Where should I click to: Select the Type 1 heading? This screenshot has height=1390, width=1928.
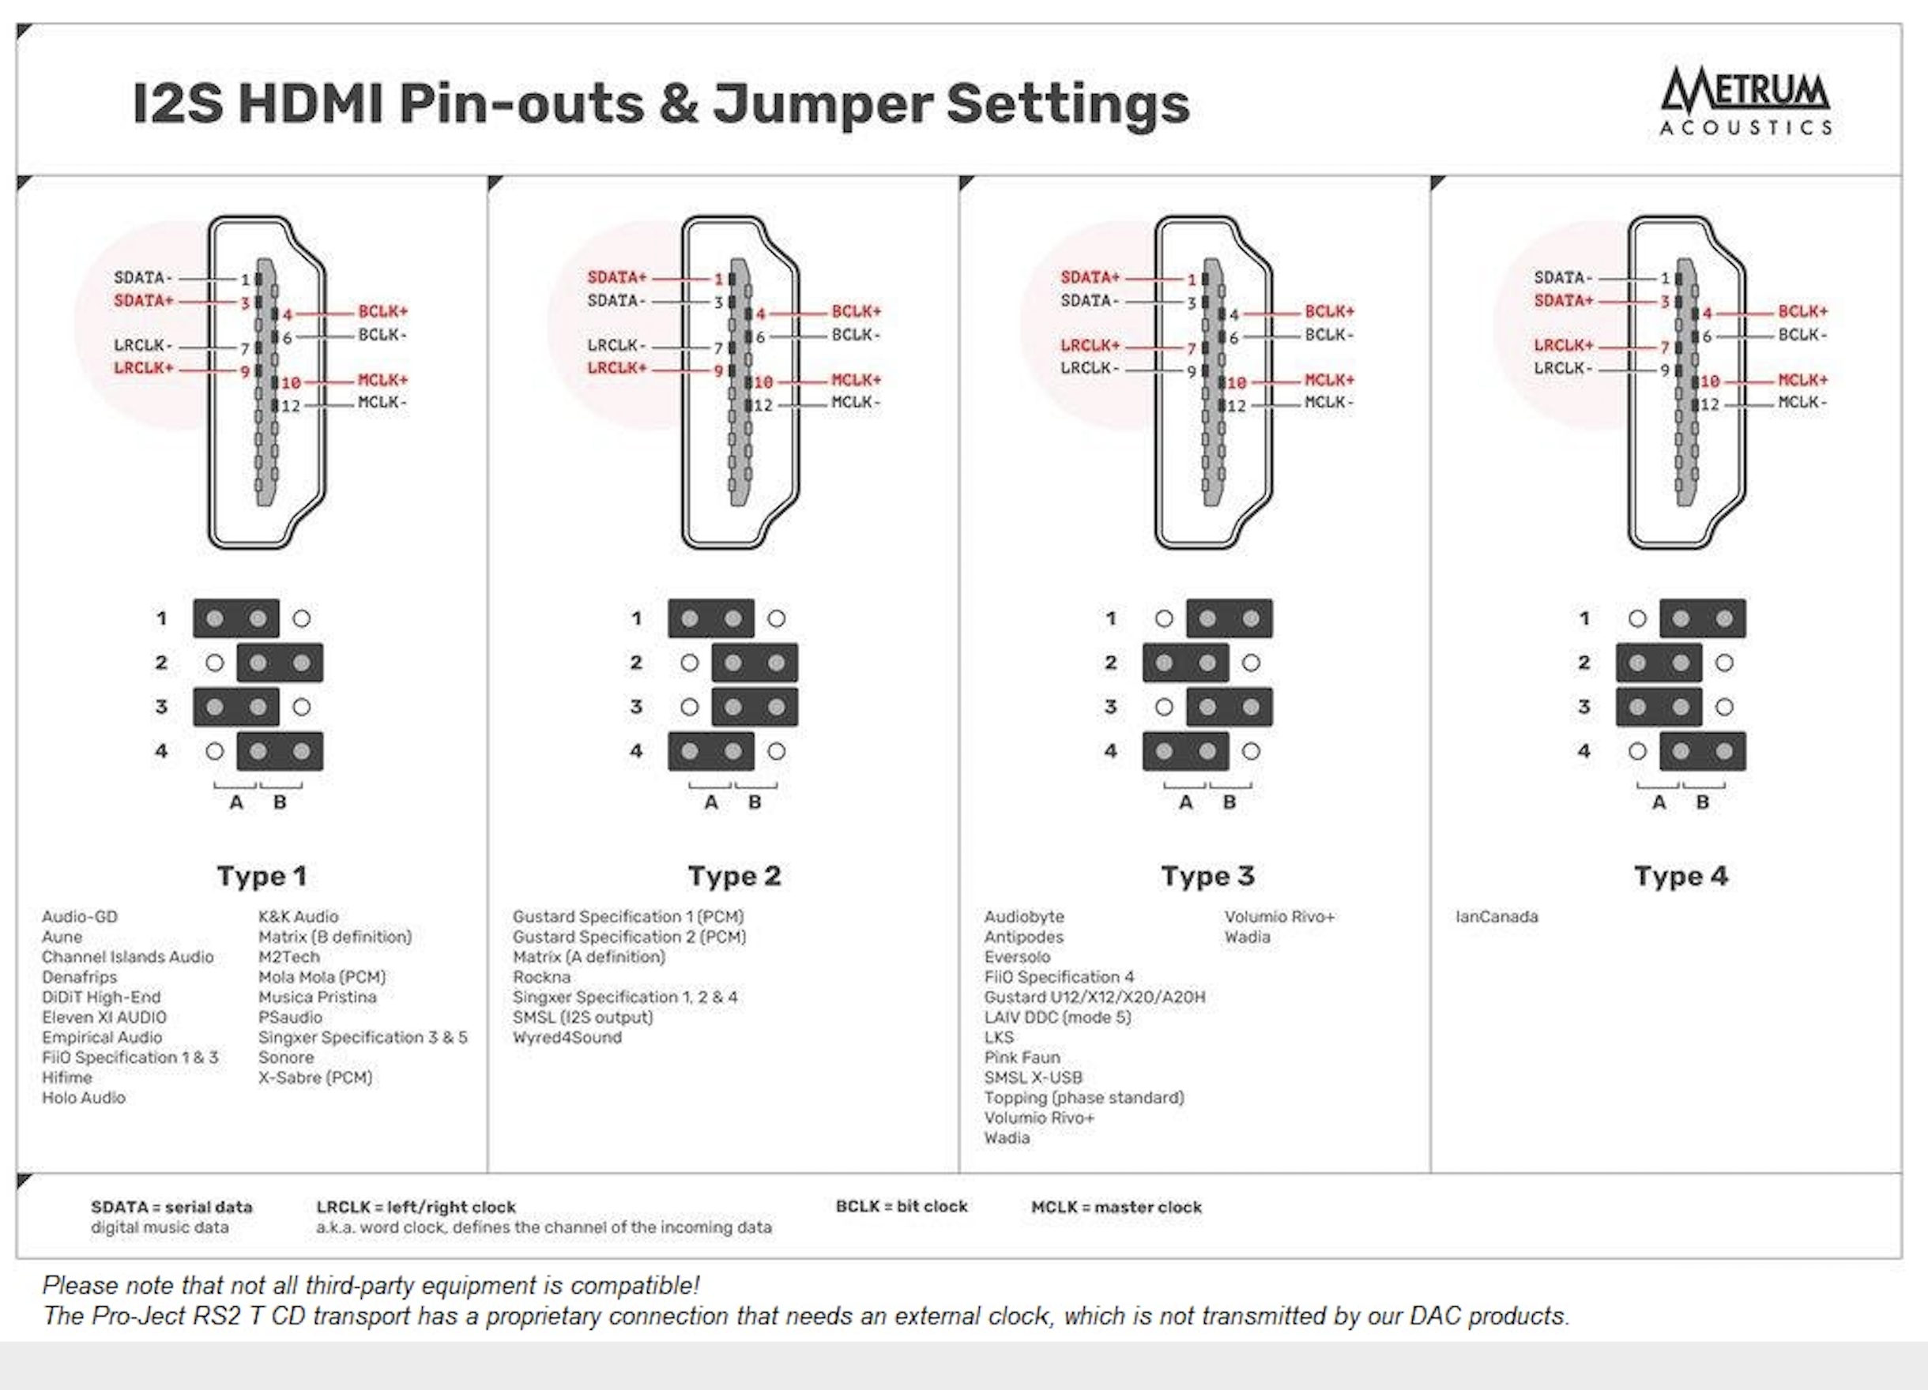click(261, 876)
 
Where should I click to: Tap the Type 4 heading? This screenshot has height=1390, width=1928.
click(1681, 876)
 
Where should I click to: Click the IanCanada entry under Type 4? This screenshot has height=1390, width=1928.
click(1496, 917)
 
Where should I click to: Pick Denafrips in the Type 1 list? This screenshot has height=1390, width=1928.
click(79, 977)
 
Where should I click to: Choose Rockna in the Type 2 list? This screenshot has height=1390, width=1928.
click(541, 977)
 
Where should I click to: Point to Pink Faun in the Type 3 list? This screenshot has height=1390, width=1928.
click(1022, 1058)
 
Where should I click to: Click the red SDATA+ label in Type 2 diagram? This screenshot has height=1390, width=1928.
click(617, 278)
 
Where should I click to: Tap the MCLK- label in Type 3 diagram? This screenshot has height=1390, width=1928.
click(1329, 403)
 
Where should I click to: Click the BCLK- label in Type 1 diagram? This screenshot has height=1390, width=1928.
click(382, 336)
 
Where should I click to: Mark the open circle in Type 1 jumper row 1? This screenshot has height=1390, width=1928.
click(302, 618)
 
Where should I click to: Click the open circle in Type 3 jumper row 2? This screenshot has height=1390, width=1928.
click(1251, 663)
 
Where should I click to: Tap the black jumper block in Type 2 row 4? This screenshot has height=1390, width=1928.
click(710, 751)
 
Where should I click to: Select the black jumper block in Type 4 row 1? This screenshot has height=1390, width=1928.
click(1702, 618)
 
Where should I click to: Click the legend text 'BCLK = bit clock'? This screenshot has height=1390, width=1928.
click(901, 1207)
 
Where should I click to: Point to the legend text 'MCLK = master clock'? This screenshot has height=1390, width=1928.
click(1117, 1208)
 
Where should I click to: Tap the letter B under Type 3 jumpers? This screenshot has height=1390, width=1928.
click(1229, 803)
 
